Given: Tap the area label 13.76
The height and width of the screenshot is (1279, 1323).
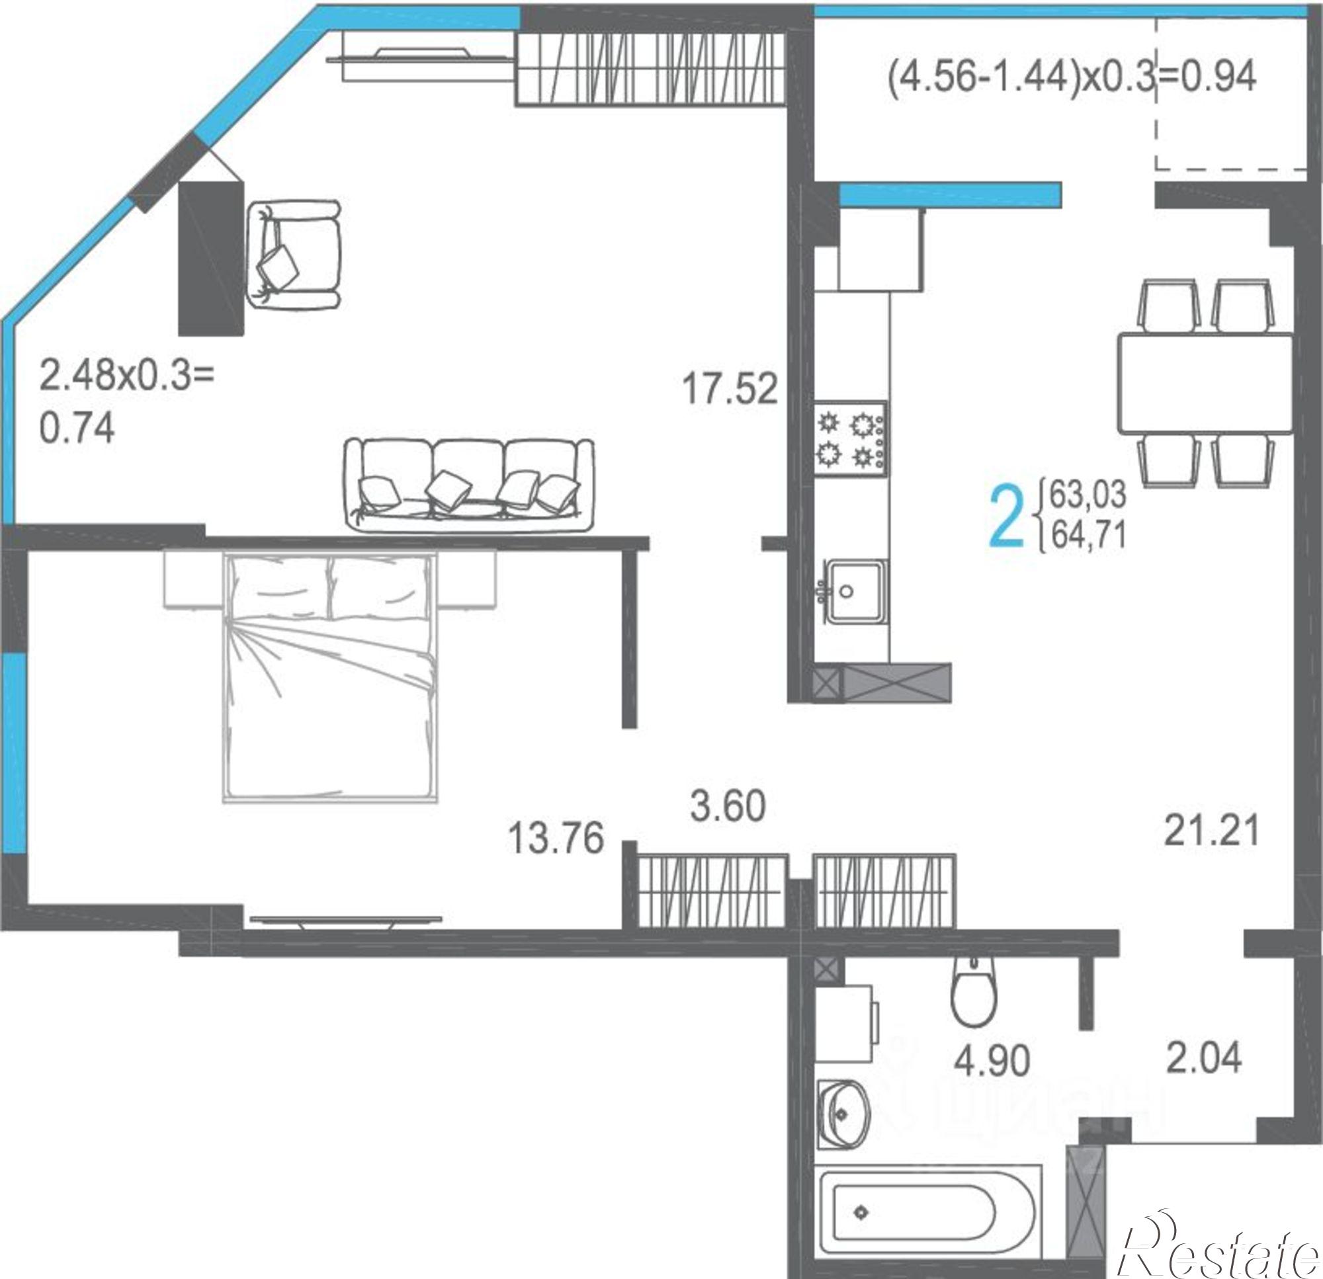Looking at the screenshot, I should point(556,839).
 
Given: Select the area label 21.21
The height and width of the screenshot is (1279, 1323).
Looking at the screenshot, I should point(1212,831).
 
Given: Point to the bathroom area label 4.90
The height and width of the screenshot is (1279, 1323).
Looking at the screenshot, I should point(992,1061).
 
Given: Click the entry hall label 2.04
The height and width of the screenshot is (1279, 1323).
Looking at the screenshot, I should point(1203,1057).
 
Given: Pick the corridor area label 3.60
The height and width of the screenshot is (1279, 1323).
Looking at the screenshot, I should point(728,807).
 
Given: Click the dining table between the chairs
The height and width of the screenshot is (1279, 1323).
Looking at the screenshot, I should point(1205,383).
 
